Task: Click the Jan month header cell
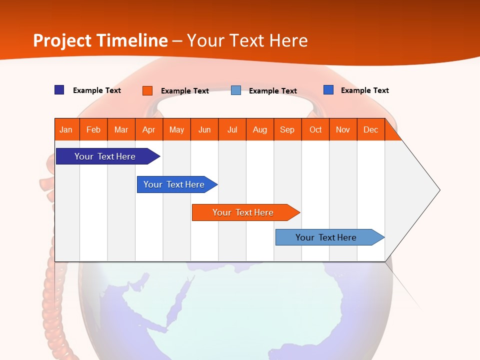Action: [66, 129]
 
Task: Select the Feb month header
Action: [93, 129]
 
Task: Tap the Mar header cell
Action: [121, 129]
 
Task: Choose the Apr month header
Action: [149, 129]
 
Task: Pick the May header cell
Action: [176, 129]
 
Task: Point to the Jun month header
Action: [204, 129]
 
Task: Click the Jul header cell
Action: [232, 129]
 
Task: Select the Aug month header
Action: [260, 129]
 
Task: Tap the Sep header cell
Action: [287, 129]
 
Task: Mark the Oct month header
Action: [315, 129]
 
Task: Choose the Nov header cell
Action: [343, 129]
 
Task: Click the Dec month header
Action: [371, 129]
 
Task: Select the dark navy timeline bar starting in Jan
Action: [105, 156]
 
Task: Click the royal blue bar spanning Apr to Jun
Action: [174, 184]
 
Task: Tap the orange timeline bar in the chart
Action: [243, 212]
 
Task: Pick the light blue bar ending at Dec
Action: [326, 237]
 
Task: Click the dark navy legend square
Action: [59, 90]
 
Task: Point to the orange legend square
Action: [147, 90]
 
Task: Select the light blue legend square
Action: [236, 90]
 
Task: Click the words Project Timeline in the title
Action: [100, 40]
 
